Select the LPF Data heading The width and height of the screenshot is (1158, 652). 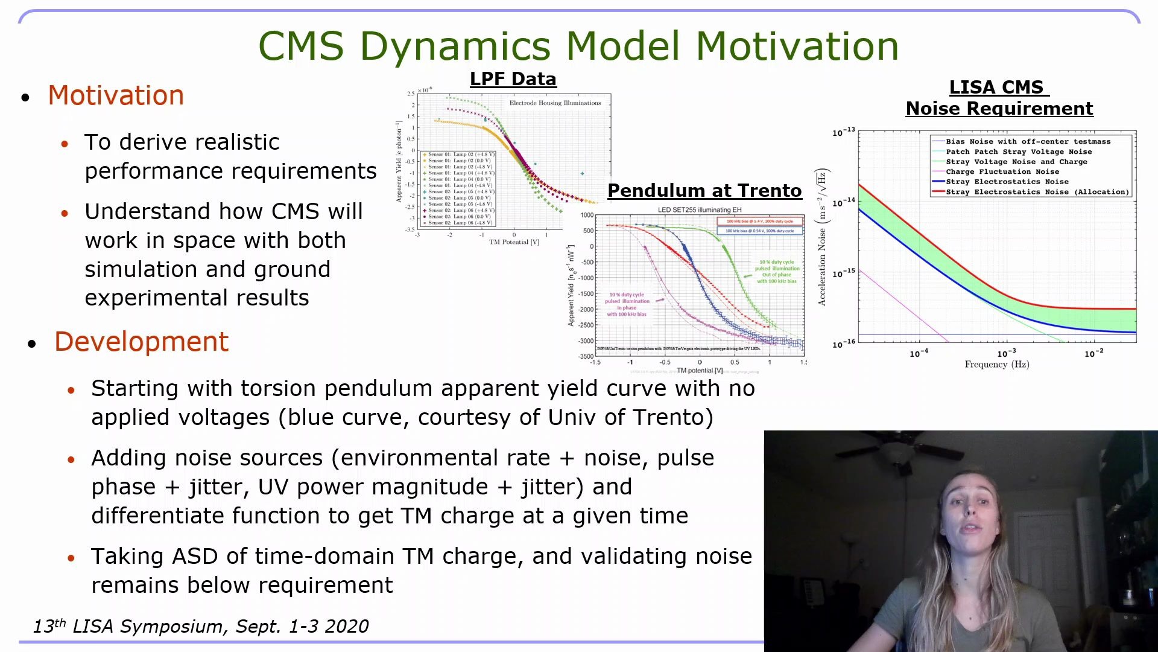[513, 79]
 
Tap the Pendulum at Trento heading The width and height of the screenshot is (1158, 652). [704, 191]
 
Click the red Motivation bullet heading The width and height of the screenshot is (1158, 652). [116, 95]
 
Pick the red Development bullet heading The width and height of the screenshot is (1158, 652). [141, 342]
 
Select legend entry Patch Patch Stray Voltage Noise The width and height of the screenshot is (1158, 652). [1018, 152]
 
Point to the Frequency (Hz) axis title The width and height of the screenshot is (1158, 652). [996, 364]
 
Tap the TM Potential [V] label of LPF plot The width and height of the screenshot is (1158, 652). [514, 242]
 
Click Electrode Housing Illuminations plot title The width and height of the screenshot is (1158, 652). [555, 103]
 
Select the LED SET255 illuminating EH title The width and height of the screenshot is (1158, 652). [699, 210]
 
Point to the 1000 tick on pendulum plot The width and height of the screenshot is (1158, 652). [587, 215]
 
